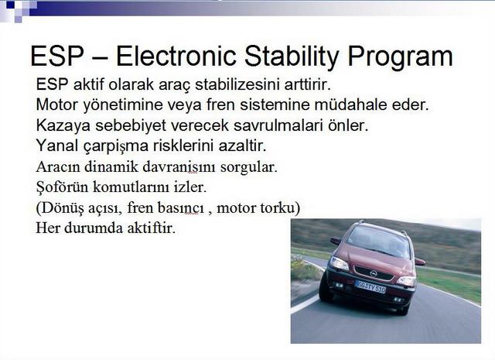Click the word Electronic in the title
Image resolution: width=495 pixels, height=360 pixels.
176,57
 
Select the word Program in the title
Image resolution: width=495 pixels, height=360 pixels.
401,57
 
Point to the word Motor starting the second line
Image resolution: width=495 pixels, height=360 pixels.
56,105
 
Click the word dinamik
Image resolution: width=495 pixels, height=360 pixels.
111,166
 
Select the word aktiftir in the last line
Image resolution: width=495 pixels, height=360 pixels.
151,228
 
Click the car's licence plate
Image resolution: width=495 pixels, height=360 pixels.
370,286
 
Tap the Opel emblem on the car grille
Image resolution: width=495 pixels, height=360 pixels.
374,273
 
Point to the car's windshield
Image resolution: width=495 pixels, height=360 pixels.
378,241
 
